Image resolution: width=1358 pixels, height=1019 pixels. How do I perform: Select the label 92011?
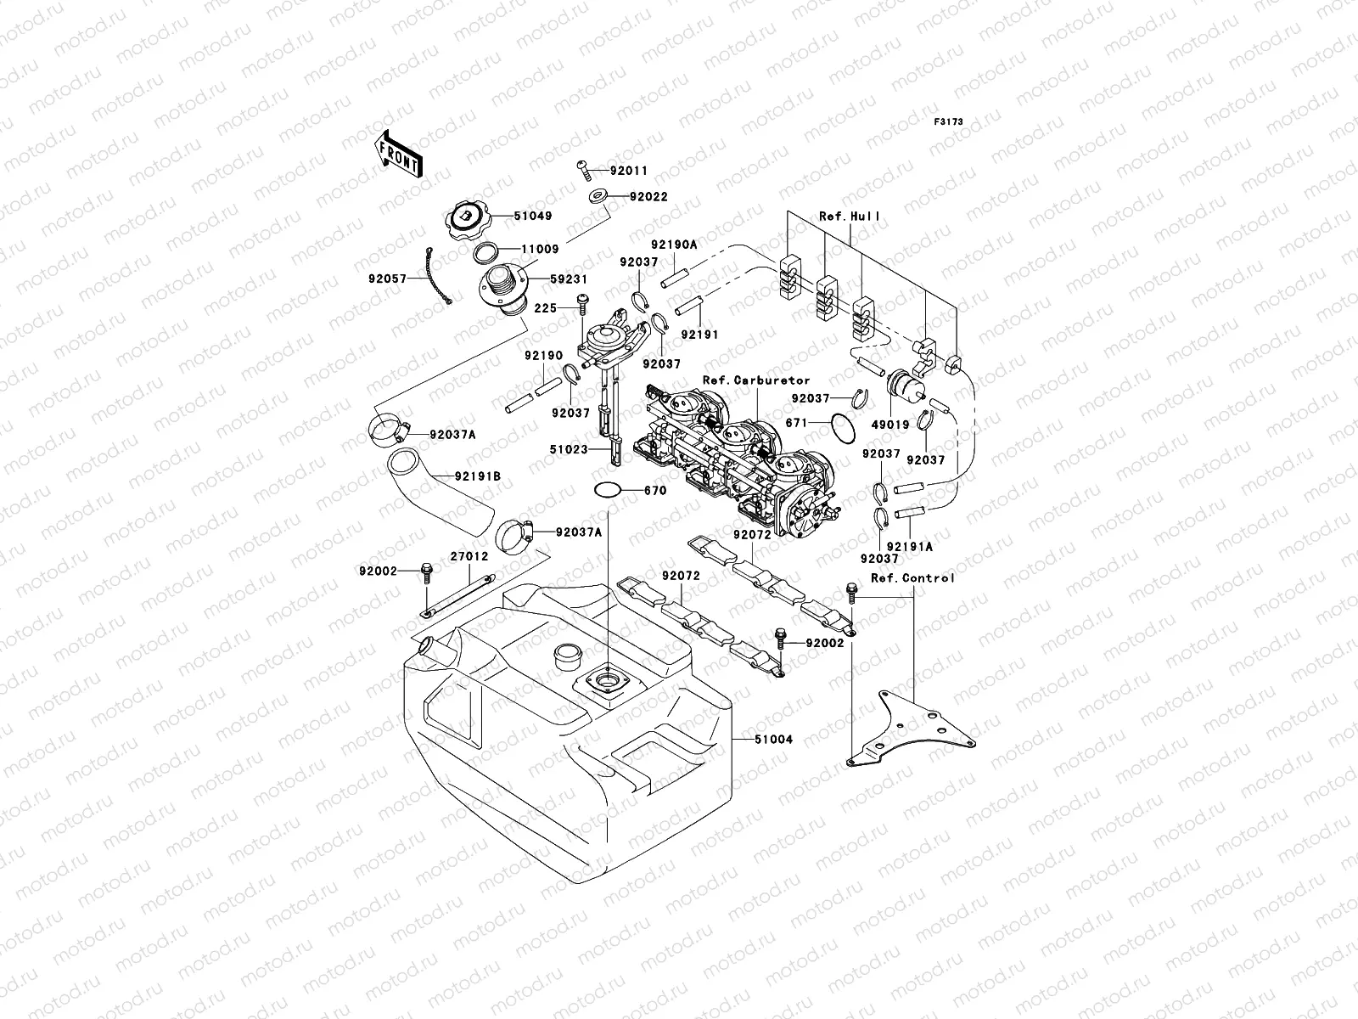629,171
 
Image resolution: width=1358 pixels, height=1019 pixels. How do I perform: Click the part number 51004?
772,740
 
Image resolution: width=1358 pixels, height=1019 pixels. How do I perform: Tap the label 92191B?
477,476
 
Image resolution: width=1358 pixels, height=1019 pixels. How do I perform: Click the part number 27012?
469,557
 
